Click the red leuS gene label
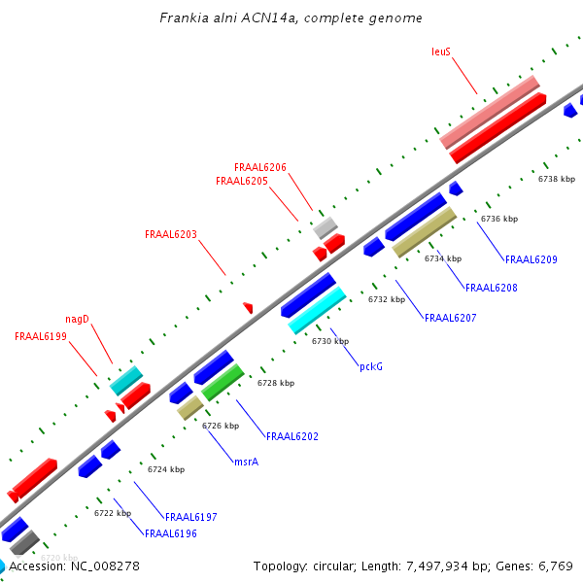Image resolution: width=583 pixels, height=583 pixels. pos(441,51)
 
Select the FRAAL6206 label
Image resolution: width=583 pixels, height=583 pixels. pos(260,167)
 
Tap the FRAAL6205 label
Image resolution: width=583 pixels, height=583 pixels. pos(242,181)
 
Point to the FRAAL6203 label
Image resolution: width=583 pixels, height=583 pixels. pos(171,234)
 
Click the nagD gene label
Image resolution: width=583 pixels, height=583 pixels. pos(78,319)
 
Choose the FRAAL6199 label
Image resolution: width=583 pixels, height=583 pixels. pos(41,336)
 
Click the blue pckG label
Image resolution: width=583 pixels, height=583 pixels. pos(371,366)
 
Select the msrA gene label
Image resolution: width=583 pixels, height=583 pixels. pos(246,462)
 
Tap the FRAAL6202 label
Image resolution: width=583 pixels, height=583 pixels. pos(292,436)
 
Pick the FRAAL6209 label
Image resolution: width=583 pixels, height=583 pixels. pos(532,259)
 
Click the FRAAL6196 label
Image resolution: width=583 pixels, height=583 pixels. pos(171,533)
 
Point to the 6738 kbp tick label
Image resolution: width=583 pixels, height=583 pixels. pos(557,179)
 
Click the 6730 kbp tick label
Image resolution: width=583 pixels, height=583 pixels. pos(330,341)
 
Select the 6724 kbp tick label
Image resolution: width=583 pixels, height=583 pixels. pos(166,469)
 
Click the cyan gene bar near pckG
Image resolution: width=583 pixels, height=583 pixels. pos(318,310)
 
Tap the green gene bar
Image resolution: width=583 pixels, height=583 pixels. pos(223,383)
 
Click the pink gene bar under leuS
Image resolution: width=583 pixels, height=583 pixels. pos(490,113)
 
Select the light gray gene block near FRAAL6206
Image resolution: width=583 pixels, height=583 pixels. pos(326,227)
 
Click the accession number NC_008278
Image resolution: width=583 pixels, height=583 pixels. pos(106,566)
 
